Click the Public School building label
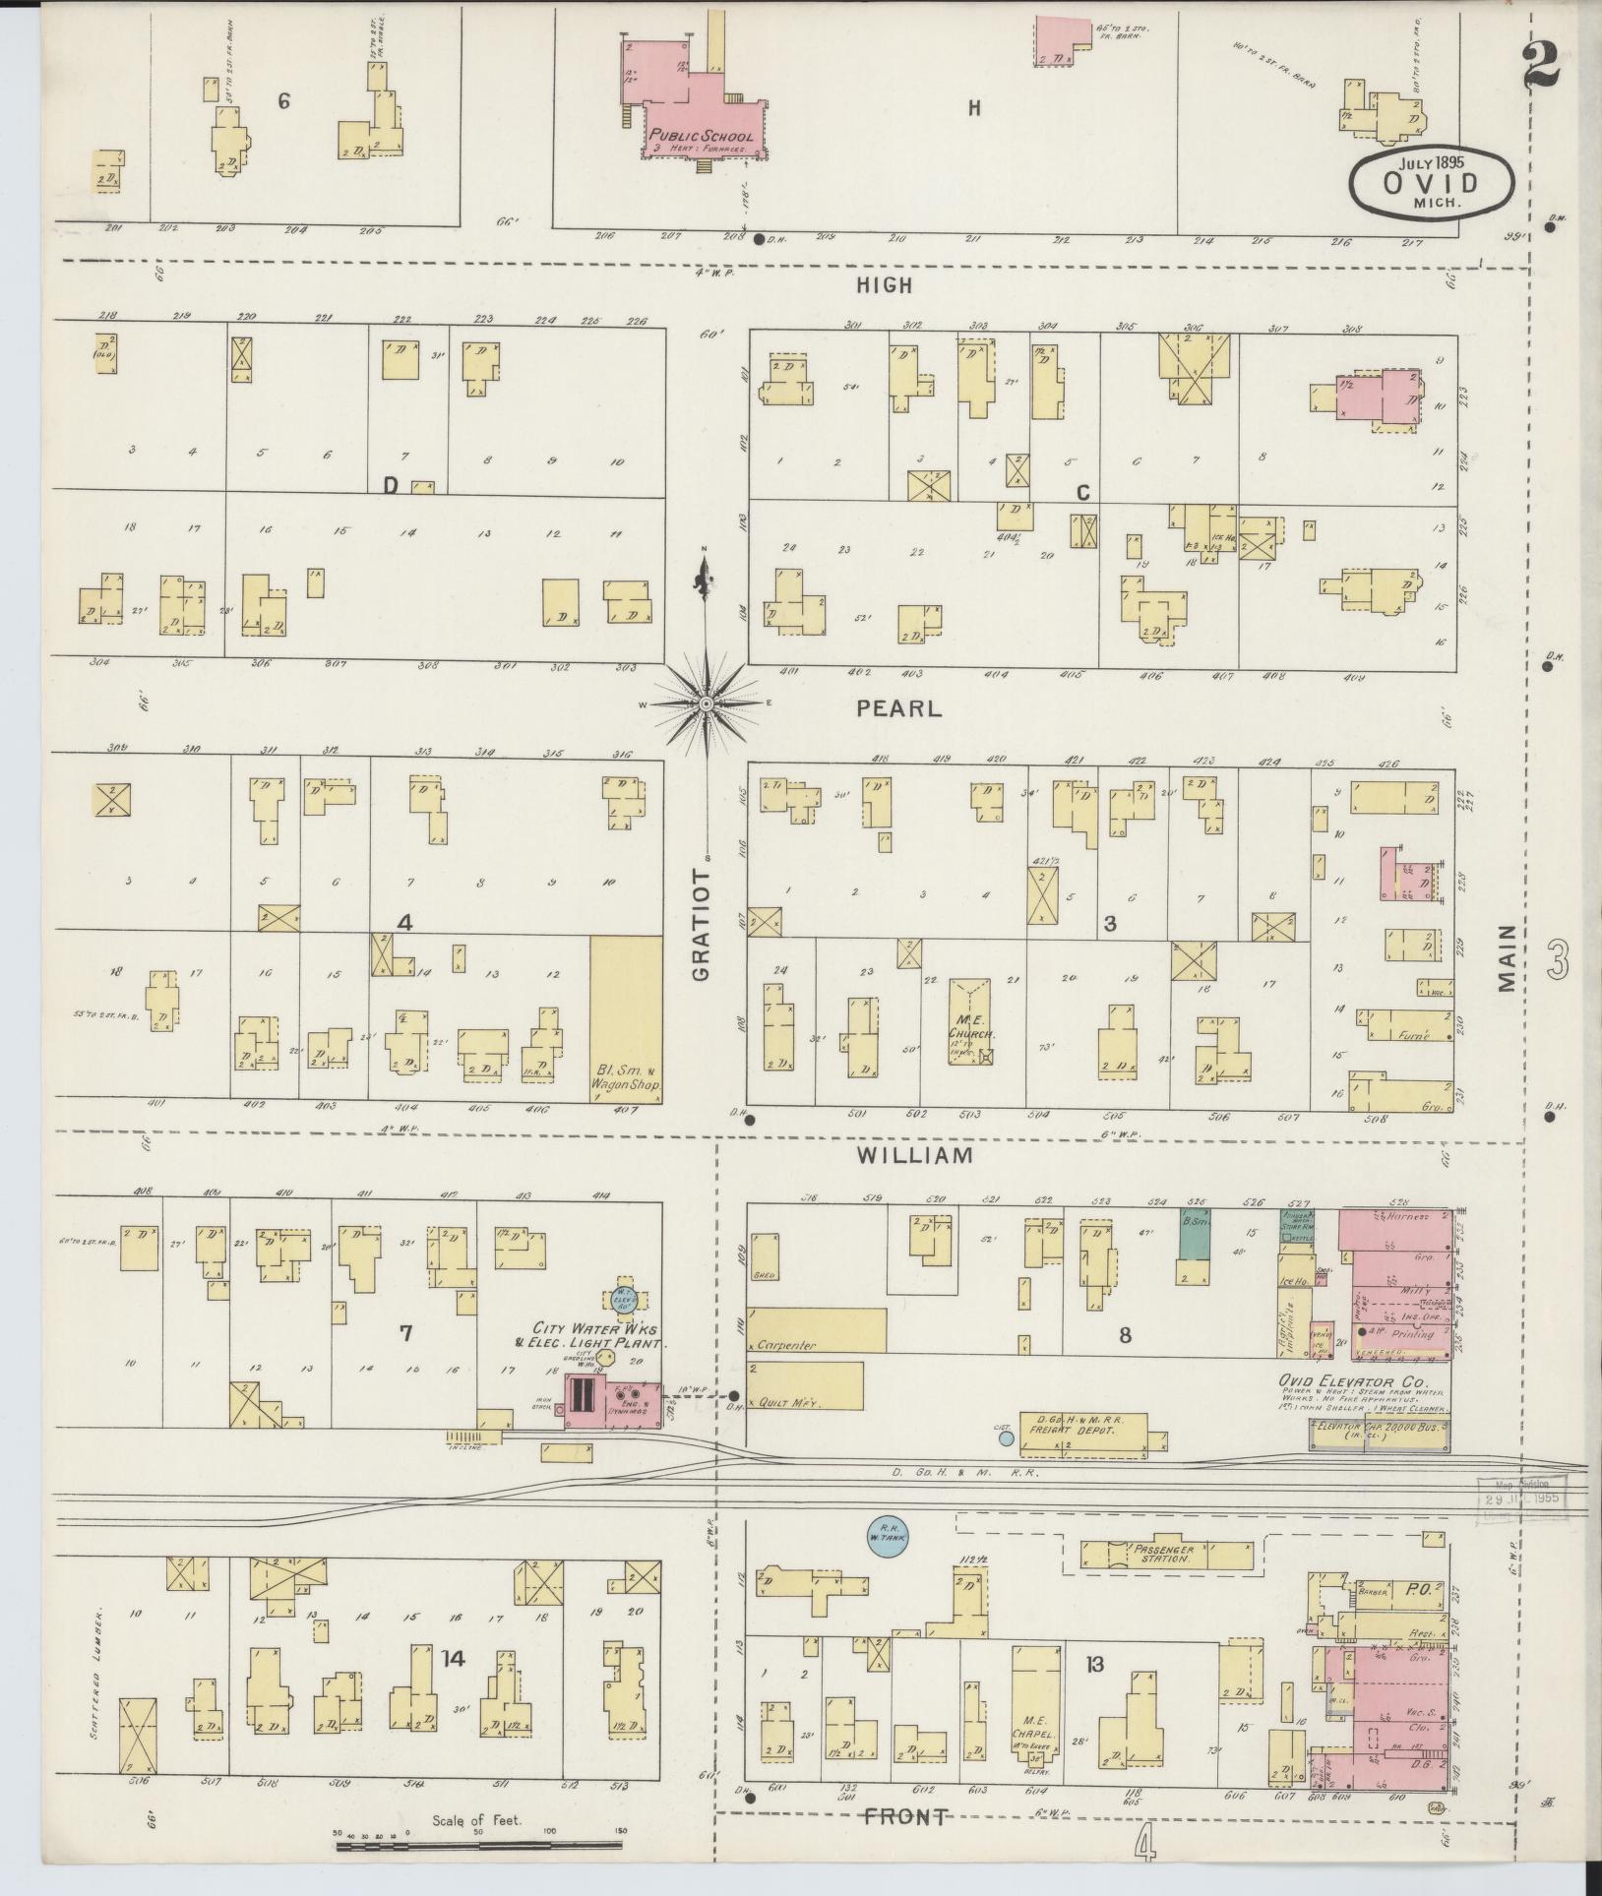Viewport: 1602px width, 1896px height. pos(701,137)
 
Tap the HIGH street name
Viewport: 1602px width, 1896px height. pos(884,285)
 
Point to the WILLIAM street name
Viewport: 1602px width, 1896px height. pos(914,1155)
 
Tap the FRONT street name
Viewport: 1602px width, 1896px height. pos(906,1817)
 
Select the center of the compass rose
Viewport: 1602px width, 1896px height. pos(706,704)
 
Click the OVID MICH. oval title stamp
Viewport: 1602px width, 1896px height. pos(1432,181)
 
